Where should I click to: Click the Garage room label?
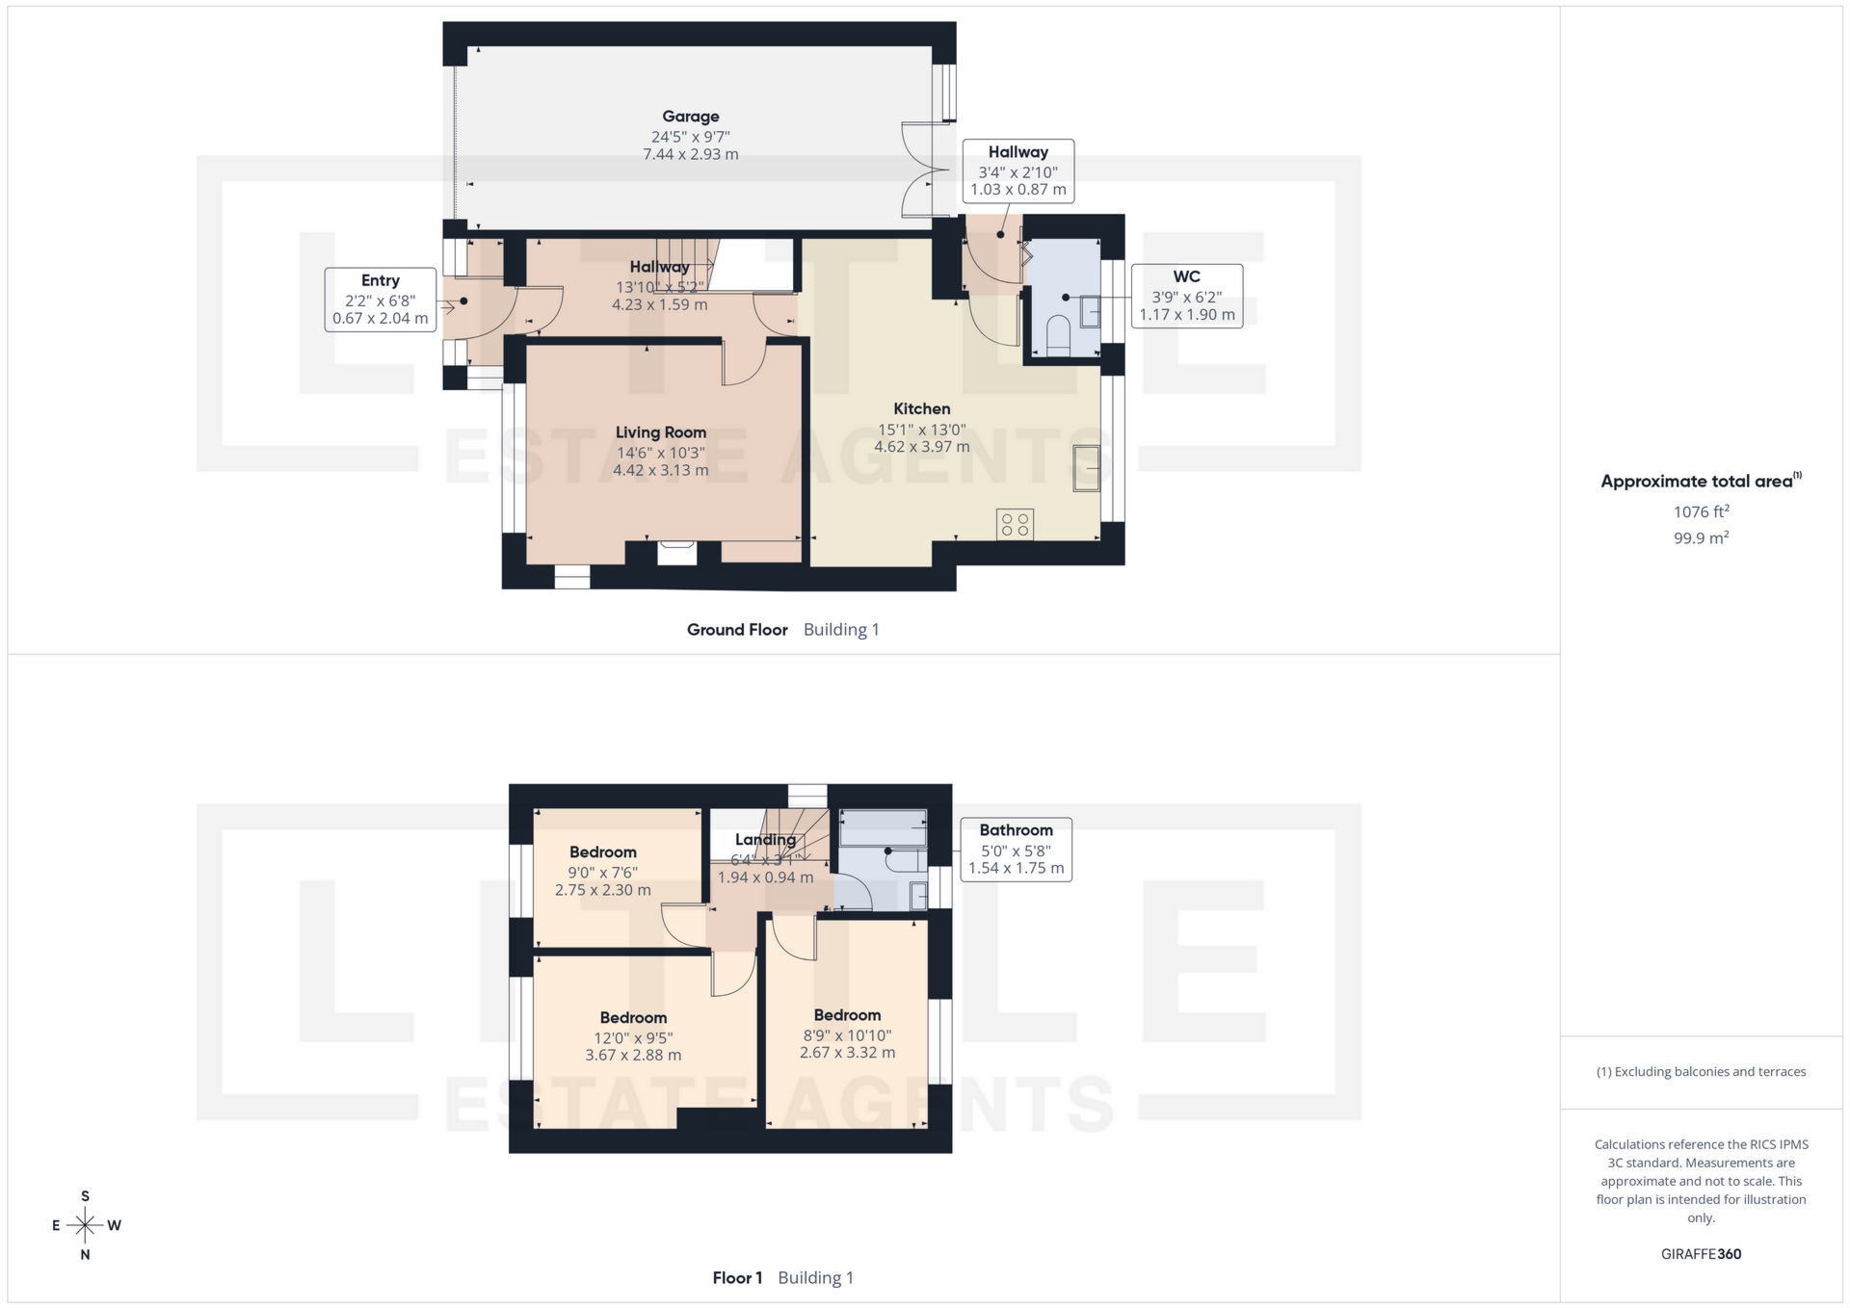click(690, 117)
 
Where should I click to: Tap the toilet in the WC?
click(1057, 332)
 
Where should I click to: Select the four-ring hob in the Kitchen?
click(1015, 524)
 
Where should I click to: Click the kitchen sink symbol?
click(1087, 469)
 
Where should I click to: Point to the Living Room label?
click(660, 432)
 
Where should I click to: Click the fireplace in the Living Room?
click(676, 552)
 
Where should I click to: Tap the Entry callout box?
click(381, 300)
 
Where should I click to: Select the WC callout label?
click(1186, 296)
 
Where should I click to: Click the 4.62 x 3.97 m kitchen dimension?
click(921, 447)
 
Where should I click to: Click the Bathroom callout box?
click(1016, 849)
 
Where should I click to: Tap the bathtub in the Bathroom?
click(883, 827)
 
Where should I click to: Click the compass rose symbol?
click(86, 1225)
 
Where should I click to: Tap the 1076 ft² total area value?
click(1701, 512)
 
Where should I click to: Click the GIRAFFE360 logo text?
click(1701, 1254)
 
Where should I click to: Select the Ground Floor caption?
click(737, 630)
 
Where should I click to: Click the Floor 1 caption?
click(737, 1278)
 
